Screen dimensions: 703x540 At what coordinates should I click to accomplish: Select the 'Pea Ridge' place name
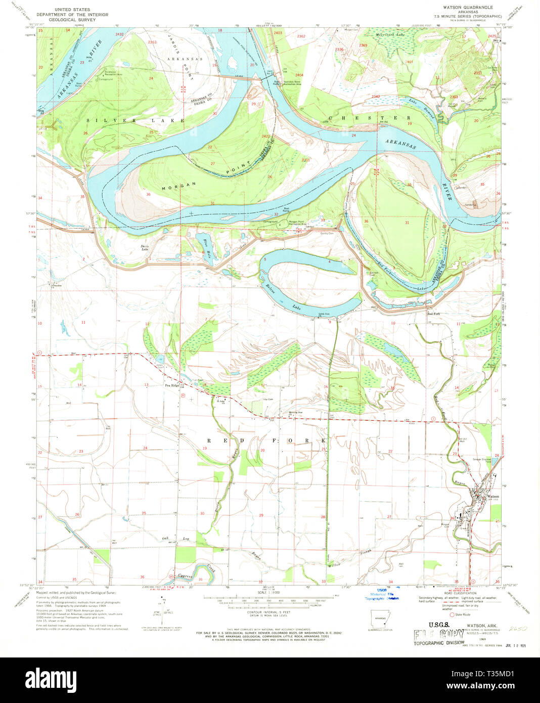click(x=172, y=386)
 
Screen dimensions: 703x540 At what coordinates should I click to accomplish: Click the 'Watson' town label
click(x=493, y=497)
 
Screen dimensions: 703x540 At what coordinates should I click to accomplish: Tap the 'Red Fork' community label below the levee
click(x=434, y=314)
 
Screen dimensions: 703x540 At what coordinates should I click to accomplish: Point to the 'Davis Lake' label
click(x=145, y=248)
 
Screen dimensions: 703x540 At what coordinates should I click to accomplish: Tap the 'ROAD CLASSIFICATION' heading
click(x=457, y=593)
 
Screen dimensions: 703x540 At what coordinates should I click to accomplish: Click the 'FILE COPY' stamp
click(x=439, y=635)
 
